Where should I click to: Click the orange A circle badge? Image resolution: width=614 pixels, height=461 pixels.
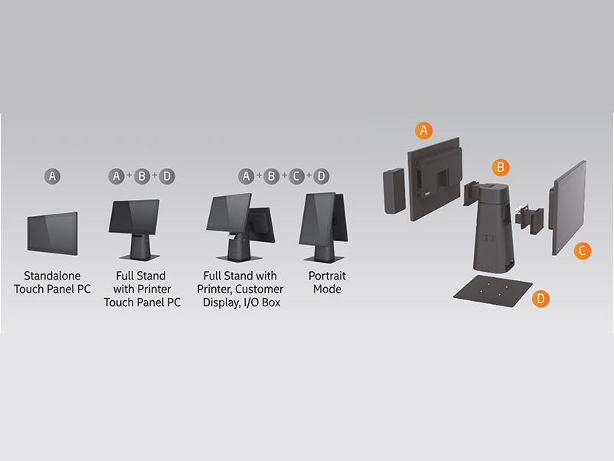tap(423, 130)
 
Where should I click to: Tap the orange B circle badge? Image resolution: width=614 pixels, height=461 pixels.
tap(501, 168)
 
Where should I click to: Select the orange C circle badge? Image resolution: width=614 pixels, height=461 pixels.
tap(583, 250)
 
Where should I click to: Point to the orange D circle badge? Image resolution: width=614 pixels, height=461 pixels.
tap(541, 299)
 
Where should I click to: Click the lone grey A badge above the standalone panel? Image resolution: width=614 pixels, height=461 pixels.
tap(52, 176)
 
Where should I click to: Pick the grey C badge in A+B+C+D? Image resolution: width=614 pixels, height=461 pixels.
tap(296, 176)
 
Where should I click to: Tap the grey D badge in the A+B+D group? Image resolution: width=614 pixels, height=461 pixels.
tap(167, 176)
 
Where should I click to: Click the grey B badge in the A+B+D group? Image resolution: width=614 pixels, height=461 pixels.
tap(142, 176)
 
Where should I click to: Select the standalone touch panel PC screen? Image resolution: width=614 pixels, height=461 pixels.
tap(53, 234)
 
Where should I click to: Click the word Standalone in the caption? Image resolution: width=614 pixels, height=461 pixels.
tap(52, 276)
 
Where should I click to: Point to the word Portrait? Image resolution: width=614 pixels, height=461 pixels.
tap(327, 276)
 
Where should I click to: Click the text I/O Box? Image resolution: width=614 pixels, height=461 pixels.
tap(262, 302)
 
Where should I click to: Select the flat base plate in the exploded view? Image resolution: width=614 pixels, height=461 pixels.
tap(492, 291)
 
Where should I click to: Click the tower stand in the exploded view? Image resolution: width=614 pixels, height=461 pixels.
tap(492, 227)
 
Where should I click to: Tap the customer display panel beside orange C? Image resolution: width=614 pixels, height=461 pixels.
tap(567, 208)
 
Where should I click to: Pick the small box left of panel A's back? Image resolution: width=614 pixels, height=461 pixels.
tap(394, 191)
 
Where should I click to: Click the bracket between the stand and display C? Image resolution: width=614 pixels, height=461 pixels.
tap(530, 219)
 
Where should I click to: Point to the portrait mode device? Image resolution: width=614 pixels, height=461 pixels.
tap(324, 227)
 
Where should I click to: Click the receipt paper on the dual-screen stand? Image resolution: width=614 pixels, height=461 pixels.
tap(233, 237)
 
